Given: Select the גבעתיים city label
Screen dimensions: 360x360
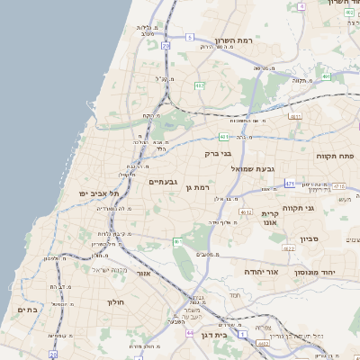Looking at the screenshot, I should (164, 182).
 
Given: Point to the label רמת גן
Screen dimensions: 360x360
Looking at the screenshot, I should (195, 187).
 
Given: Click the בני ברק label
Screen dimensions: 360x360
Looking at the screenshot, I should (219, 153).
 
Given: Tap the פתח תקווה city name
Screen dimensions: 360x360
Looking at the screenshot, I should (334, 156).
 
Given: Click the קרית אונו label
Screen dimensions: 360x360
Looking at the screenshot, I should (270, 218).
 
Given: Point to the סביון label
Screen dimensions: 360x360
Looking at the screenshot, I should (310, 239).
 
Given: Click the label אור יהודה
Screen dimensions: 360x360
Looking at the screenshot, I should (262, 271).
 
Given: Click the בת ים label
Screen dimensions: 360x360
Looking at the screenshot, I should (27, 310).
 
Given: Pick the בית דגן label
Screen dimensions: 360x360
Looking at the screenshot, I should (232, 334).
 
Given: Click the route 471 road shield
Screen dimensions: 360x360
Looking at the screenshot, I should (289, 183).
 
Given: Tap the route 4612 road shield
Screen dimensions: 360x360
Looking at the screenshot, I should (246, 212).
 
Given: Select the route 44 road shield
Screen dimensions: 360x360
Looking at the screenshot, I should (190, 334).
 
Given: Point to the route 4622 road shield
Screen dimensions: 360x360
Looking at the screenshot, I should (288, 248).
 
